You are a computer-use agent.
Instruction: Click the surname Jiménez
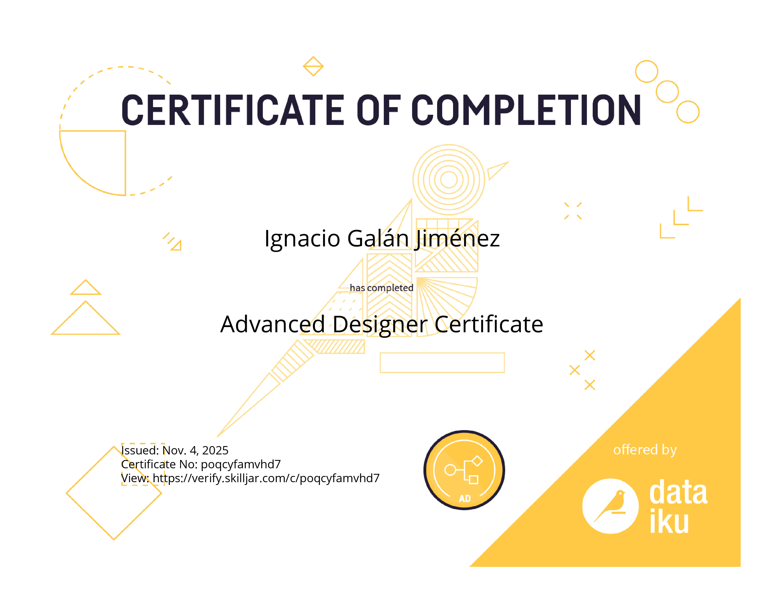457,239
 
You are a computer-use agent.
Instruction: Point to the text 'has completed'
382,288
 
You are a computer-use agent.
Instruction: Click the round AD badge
464,470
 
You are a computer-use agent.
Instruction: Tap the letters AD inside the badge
465,498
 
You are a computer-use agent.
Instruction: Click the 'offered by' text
645,450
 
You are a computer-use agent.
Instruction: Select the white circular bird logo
611,506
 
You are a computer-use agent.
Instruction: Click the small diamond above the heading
313,66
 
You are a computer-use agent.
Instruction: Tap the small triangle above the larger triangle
86,287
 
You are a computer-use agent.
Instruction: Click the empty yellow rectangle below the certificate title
442,363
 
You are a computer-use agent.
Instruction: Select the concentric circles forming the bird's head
449,180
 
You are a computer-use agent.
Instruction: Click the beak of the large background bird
498,170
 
